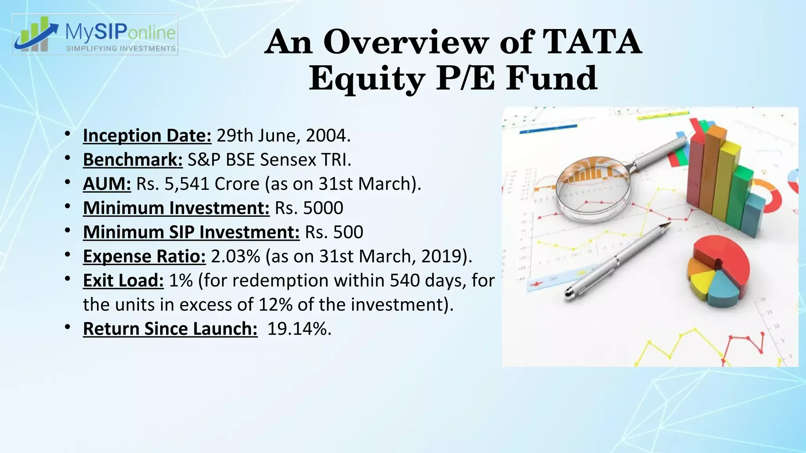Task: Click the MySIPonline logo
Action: [x=95, y=35]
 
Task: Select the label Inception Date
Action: [x=147, y=136]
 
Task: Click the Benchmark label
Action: [x=133, y=160]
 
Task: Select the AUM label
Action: [x=107, y=184]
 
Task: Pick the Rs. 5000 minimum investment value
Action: [x=309, y=208]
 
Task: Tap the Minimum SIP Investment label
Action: [x=191, y=232]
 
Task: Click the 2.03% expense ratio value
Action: [x=236, y=256]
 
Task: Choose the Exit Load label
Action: [x=123, y=280]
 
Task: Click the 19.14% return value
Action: [x=299, y=329]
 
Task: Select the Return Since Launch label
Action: [x=170, y=329]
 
